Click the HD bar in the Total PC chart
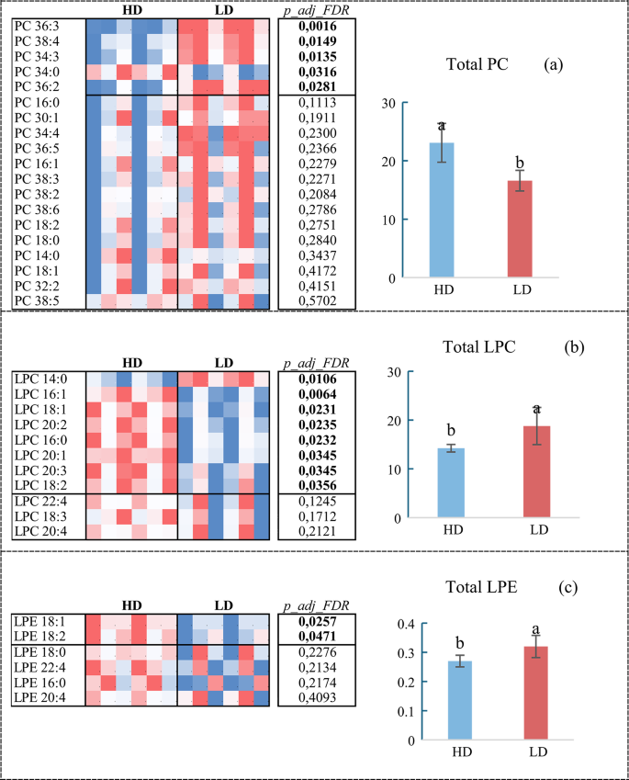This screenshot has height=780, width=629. pyautogui.click(x=441, y=210)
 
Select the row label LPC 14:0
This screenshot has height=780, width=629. pyautogui.click(x=42, y=379)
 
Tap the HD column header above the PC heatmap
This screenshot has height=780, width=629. pyautogui.click(x=132, y=9)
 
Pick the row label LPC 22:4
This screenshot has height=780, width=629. pyautogui.click(x=42, y=500)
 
